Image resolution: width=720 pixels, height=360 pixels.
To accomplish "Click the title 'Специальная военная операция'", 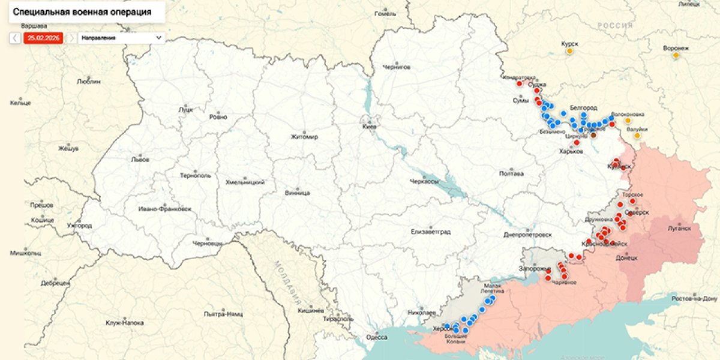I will [x=82, y=12].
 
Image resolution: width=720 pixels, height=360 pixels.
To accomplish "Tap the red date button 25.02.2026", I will [x=42, y=38].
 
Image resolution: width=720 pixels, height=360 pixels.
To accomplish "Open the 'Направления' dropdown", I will [x=122, y=38].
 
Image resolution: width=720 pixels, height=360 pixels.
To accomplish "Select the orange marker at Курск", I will [x=569, y=52].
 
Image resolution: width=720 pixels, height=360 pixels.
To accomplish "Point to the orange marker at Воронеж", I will [x=676, y=55].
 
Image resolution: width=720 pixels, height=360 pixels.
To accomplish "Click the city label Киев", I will [x=369, y=127].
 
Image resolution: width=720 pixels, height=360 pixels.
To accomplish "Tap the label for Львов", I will [x=140, y=160].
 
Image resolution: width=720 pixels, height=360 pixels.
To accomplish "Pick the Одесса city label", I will [x=376, y=337].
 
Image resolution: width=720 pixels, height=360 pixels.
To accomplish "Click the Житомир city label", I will [x=304, y=137].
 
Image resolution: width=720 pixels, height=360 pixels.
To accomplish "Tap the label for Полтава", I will [x=511, y=174].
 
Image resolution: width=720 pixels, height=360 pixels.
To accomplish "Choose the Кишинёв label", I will [x=311, y=310].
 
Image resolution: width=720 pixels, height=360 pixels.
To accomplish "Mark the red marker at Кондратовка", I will [x=519, y=83].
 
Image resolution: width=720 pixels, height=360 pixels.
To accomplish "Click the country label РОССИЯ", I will [x=615, y=26].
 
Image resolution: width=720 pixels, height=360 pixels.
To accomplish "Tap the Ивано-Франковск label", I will [x=164, y=209].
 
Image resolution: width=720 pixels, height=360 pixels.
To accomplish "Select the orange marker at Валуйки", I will [x=637, y=136].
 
